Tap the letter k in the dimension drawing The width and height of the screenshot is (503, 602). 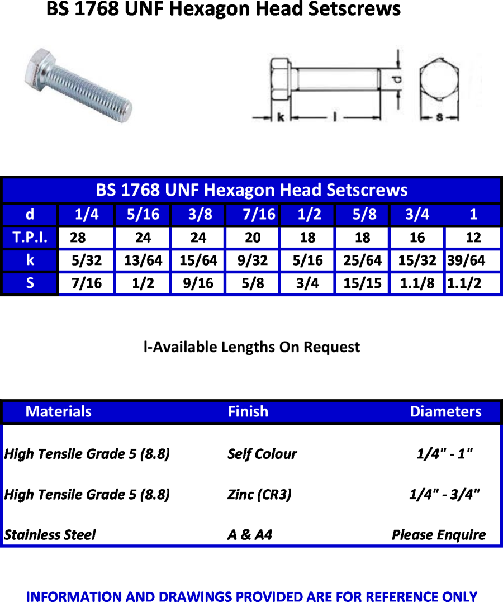281,117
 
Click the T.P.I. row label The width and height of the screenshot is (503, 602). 30,237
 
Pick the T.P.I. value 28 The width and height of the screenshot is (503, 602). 78,237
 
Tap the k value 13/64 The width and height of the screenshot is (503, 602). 143,260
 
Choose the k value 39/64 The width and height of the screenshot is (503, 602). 466,260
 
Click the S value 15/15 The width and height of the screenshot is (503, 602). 363,283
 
